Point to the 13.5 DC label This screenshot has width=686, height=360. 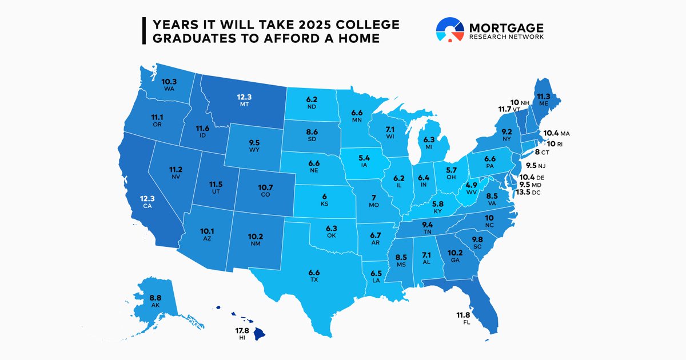(529, 193)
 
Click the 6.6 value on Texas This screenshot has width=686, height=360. (315, 272)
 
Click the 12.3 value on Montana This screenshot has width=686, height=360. (245, 97)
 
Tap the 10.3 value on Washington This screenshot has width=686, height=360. (169, 82)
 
